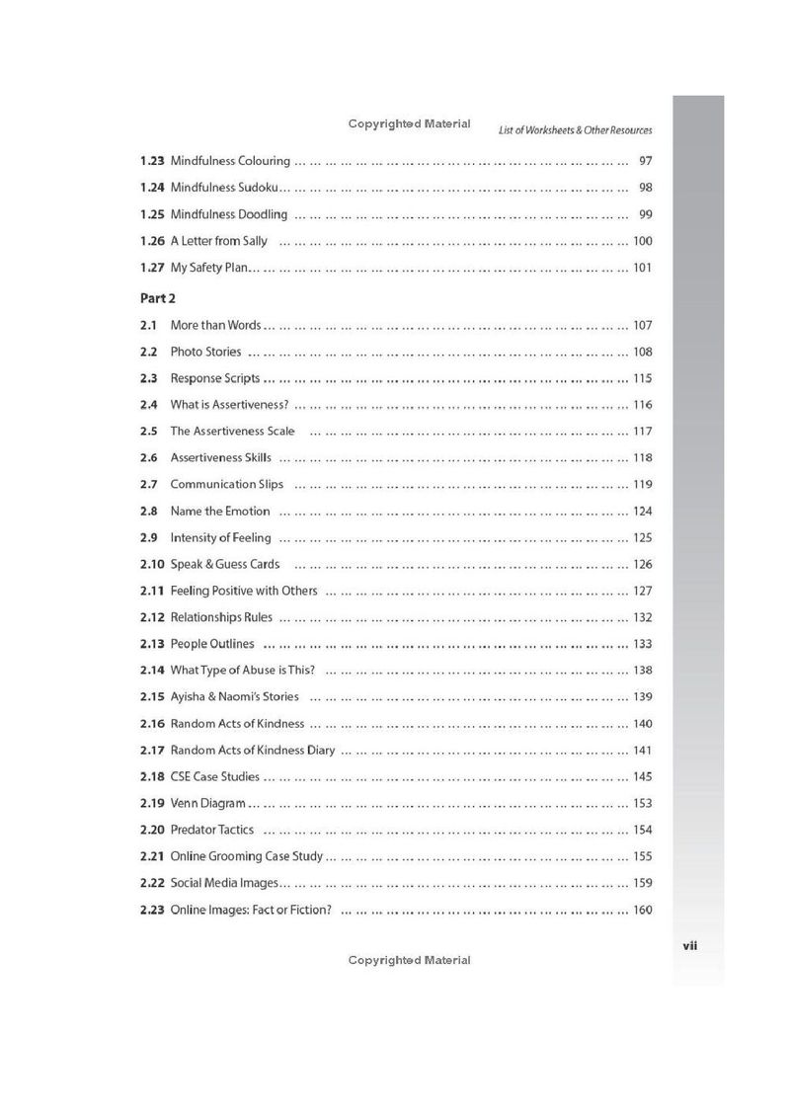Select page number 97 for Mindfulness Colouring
pos(645,161)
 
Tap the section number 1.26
pos(152,241)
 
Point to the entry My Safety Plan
pos(209,268)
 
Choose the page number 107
pos(643,325)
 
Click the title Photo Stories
pos(205,352)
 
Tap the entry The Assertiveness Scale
pos(232,432)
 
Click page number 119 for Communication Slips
pos(643,485)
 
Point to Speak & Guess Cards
pos(224,565)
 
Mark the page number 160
pos(643,911)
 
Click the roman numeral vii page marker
pos(691,945)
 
